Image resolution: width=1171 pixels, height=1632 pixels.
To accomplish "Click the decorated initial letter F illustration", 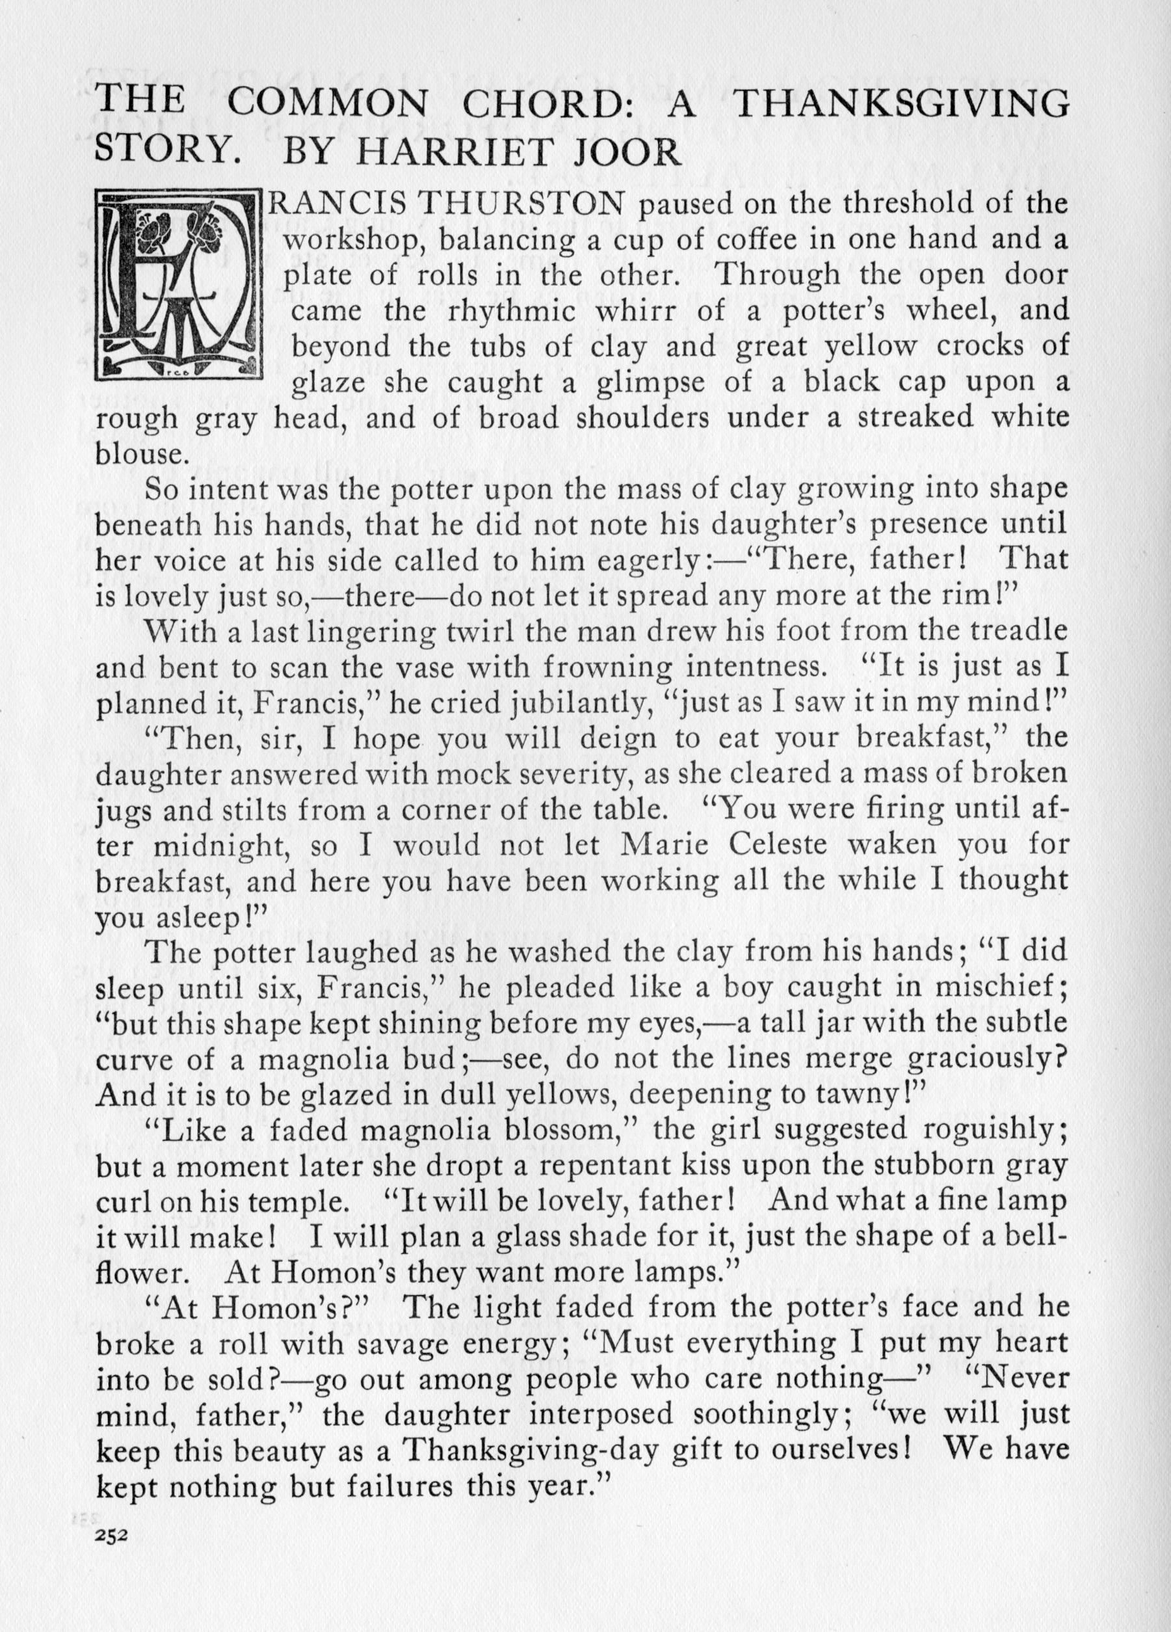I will pos(177,285).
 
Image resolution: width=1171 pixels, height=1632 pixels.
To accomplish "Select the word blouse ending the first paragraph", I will pos(137,454).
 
